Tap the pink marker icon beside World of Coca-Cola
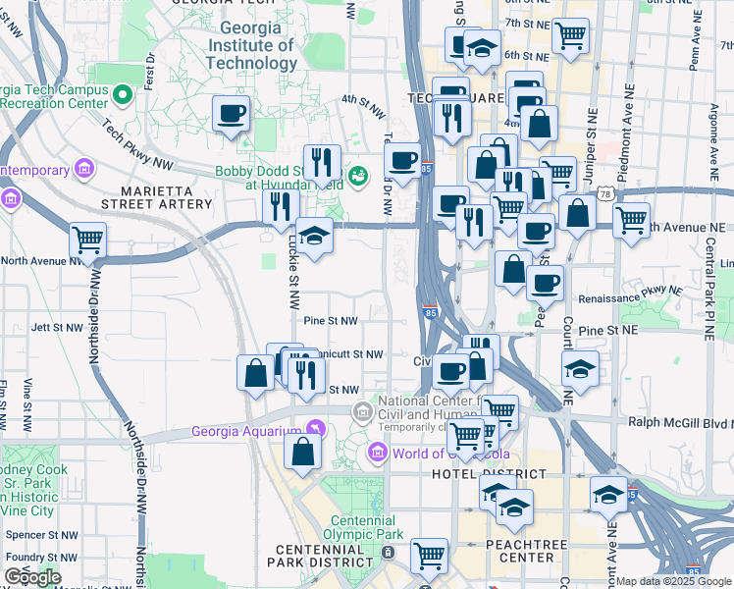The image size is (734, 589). [377, 453]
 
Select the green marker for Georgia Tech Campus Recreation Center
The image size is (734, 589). [123, 95]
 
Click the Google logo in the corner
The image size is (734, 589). [32, 577]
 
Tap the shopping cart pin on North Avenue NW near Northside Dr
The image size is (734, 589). [87, 239]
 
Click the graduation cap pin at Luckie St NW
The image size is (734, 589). [314, 236]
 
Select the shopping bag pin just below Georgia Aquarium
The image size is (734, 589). [302, 451]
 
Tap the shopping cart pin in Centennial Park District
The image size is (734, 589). [429, 556]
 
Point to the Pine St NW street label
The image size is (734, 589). [331, 321]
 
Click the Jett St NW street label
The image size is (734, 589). [54, 327]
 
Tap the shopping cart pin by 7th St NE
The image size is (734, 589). [570, 35]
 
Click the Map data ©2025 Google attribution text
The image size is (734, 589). [671, 581]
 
